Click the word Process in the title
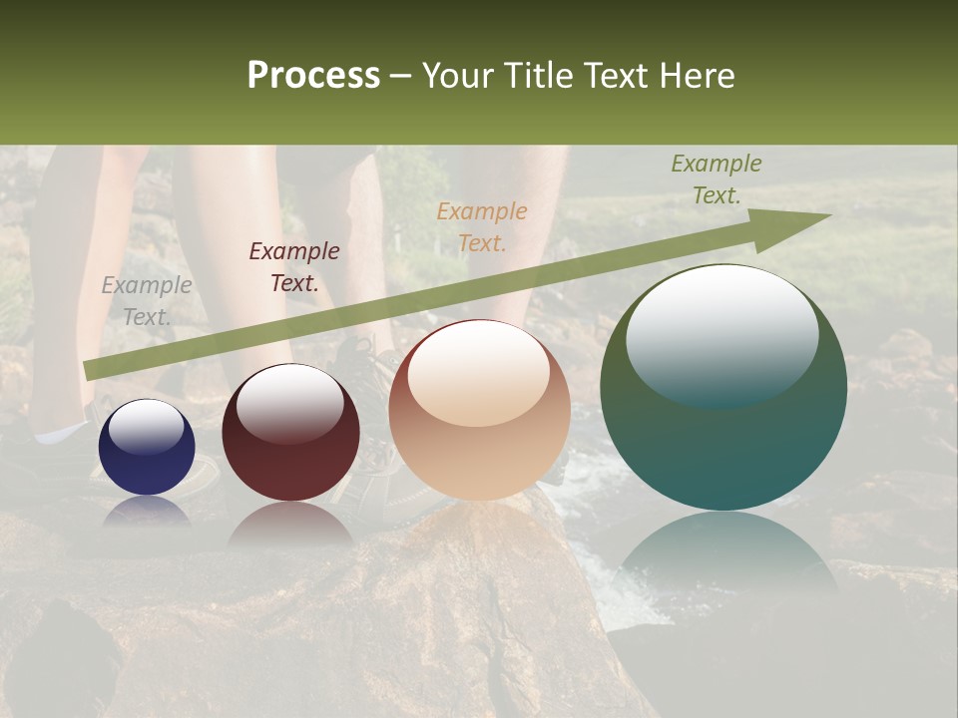pos(313,76)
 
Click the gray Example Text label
pos(147,301)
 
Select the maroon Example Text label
pos(294,267)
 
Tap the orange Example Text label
pos(482,226)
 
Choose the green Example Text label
pos(717,179)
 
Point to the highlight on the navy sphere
pos(146,428)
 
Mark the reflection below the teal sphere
pos(723,548)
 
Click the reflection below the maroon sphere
pos(290,524)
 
